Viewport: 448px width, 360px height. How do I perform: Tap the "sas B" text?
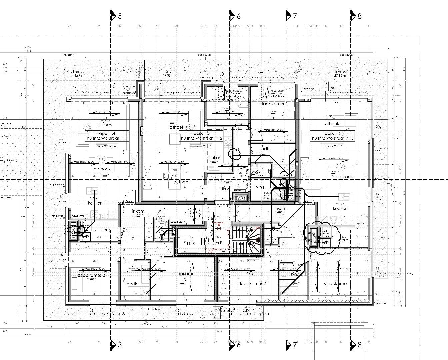coord(217,243)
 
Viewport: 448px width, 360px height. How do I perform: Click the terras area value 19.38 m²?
coord(170,76)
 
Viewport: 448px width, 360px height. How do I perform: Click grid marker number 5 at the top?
coord(120,16)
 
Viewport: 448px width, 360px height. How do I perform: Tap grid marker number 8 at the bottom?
coord(359,345)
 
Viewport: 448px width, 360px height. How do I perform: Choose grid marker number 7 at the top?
coord(295,16)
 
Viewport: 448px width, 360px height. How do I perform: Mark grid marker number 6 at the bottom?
coord(238,345)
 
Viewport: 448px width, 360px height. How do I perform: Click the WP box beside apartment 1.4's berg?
coord(85,236)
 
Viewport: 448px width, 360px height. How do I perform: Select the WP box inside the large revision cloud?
coord(325,243)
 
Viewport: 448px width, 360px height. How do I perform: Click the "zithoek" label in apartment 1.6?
coord(332,123)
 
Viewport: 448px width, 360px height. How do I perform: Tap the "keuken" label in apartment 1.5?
coord(214,158)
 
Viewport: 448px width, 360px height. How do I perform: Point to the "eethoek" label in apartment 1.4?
coord(102,169)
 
